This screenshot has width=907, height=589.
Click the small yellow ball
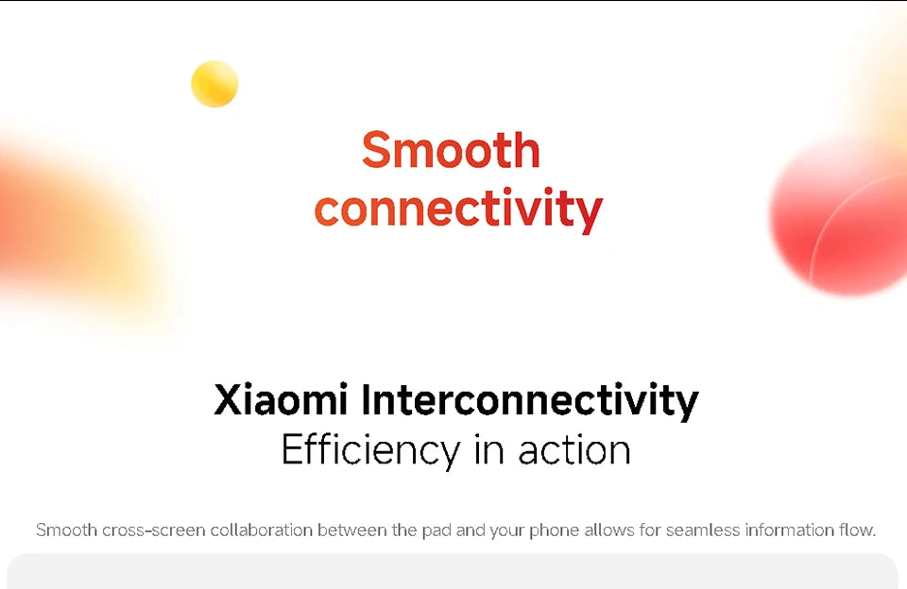(214, 84)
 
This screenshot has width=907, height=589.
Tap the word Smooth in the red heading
(451, 150)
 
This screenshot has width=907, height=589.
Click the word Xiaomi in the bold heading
(282, 400)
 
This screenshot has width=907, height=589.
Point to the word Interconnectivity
(530, 400)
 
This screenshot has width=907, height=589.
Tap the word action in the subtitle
(574, 449)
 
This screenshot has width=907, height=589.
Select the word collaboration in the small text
(262, 530)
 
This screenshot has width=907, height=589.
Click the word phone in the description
(554, 530)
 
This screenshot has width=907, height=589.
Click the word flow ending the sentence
(858, 530)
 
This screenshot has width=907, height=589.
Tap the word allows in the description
(610, 530)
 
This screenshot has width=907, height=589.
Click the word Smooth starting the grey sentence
(66, 530)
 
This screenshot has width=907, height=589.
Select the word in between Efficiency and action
(489, 449)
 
